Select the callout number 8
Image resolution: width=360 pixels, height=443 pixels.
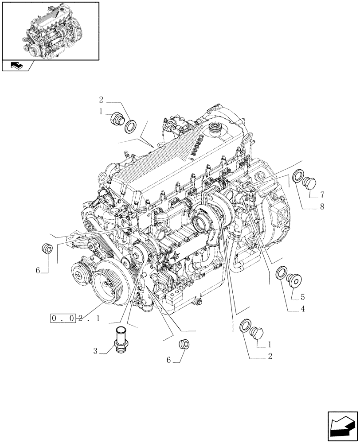323,206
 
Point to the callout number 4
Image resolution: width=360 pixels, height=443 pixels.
302,309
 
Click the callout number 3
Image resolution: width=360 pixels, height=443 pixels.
95,352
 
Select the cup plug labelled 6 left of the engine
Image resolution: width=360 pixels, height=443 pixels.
47,249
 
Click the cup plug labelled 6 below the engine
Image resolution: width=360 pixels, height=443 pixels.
183,344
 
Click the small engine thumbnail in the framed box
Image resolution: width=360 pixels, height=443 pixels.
50,30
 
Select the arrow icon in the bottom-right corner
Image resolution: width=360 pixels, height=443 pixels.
342,426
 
